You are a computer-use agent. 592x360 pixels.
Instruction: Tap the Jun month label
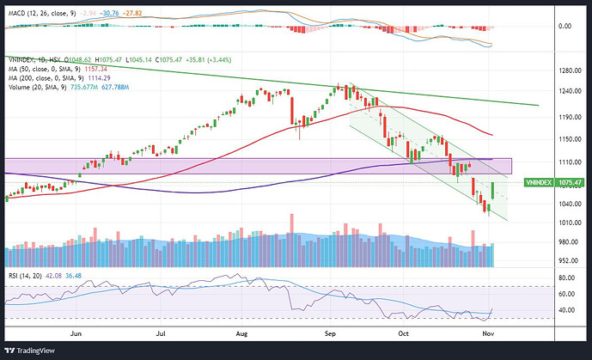coord(76,329)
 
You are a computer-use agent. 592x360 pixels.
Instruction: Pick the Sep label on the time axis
coord(329,329)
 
